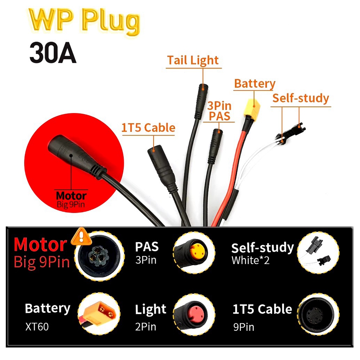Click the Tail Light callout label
pyautogui.click(x=193, y=60)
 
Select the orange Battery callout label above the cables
pyautogui.click(x=255, y=84)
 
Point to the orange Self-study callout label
pyautogui.click(x=300, y=98)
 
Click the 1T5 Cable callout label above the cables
pyautogui.click(x=148, y=128)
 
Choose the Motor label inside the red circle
pyautogui.click(x=71, y=196)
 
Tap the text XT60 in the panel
pyautogui.click(x=37, y=327)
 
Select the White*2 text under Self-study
pyautogui.click(x=251, y=260)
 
